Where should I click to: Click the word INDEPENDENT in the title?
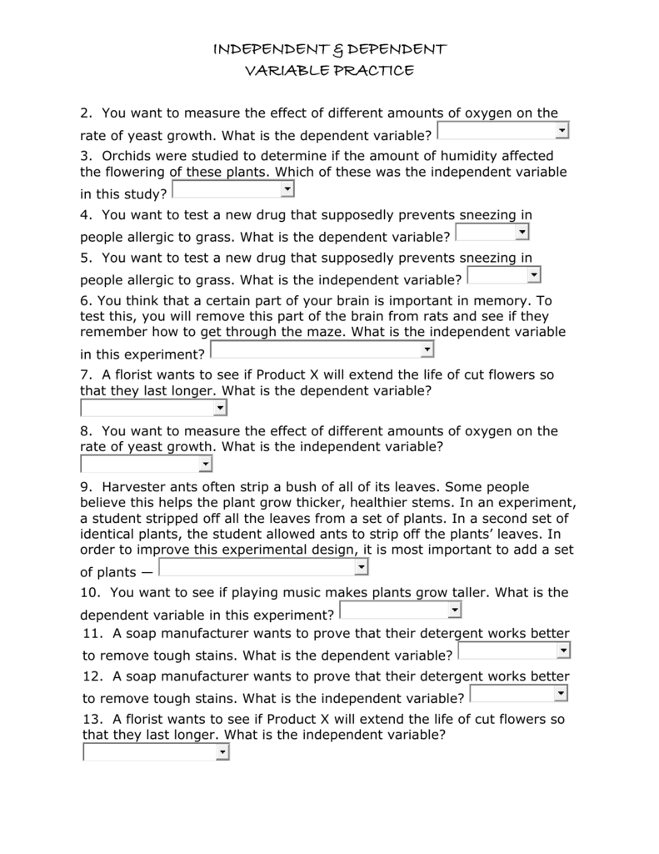pyautogui.click(x=263, y=50)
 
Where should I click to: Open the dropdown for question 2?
pyautogui.click(x=502, y=131)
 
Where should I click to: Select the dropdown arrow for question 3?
pyautogui.click(x=287, y=190)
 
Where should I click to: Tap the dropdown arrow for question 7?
pyautogui.click(x=220, y=408)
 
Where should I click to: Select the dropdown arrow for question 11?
pyautogui.click(x=563, y=651)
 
